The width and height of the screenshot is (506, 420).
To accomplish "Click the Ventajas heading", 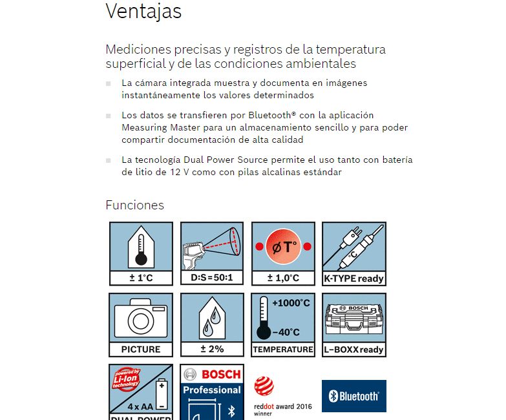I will pos(143,12).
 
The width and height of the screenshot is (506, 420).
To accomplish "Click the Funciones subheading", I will pos(134,205).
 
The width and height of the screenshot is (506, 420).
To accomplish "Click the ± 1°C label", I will pos(140,278).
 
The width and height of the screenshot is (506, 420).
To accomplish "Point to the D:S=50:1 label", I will pos(211,278).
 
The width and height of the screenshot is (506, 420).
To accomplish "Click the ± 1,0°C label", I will pos(282,278).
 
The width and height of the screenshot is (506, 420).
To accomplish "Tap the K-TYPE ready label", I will pos(353,279).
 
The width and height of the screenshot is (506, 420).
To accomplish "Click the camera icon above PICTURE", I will pos(140,317).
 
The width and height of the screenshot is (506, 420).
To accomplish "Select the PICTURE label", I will pos(140,350).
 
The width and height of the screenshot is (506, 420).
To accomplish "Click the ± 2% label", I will pos(211,350).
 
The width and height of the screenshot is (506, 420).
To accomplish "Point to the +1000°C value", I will pos(291,303).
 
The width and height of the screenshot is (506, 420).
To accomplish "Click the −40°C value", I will pos(286,332).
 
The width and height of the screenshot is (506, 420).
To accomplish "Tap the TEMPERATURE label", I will pos(282,350).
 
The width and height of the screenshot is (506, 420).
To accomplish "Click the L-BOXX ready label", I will pos(353,350).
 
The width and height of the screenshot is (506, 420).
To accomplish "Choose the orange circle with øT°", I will pos(282,247).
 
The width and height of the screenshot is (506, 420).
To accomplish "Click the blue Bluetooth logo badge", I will pos(353,396).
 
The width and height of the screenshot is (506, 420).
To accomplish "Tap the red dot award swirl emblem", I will pos(263,386).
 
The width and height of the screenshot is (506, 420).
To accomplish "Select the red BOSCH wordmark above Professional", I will pos(220,375).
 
